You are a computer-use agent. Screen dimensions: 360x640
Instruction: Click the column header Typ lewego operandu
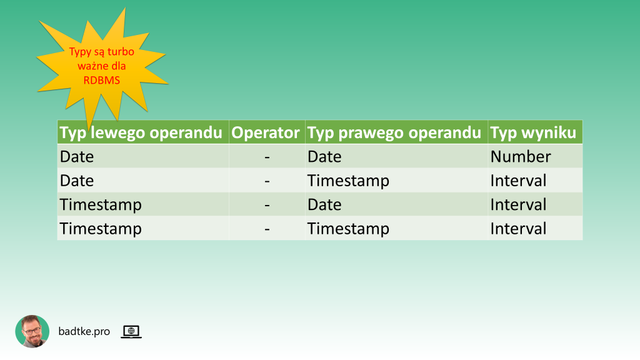point(141,132)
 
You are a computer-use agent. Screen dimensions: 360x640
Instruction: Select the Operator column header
point(266,132)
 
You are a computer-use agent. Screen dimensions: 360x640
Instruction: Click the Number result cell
point(521,156)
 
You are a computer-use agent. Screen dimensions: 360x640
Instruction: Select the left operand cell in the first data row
point(77,156)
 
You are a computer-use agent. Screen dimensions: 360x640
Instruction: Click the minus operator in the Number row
point(267,157)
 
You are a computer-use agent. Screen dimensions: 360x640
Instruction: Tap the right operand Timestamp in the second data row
point(348,181)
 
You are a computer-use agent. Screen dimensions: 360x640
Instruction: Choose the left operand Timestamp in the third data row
point(101,204)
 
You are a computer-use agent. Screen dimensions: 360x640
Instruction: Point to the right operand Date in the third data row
point(324,204)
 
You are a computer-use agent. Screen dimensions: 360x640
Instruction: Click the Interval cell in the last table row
point(518,229)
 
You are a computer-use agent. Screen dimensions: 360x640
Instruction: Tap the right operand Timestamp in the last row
point(348,229)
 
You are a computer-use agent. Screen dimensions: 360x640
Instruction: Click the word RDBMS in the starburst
point(102,79)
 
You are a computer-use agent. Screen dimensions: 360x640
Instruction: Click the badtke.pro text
point(84,331)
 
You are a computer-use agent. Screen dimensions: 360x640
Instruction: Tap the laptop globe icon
point(131,332)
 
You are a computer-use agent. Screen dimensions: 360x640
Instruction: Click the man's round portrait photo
point(32,331)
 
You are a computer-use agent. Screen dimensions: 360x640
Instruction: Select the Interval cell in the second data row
point(518,181)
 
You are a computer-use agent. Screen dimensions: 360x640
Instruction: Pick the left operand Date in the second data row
point(77,181)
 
